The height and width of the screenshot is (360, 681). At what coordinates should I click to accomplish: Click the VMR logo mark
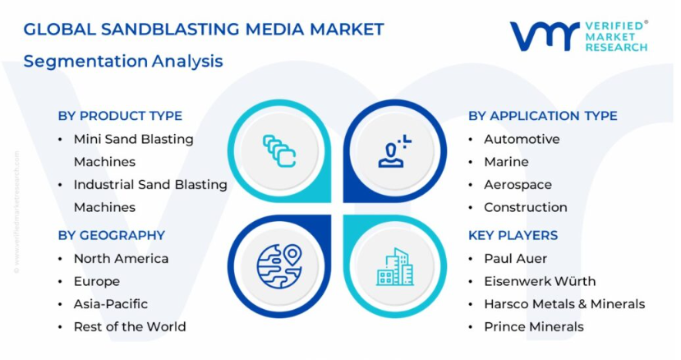545,36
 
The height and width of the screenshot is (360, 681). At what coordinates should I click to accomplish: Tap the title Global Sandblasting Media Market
204,29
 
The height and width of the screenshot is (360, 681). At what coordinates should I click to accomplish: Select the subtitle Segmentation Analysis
123,62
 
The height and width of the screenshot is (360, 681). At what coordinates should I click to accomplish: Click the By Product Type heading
120,116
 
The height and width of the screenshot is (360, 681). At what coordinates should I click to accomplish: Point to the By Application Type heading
543,116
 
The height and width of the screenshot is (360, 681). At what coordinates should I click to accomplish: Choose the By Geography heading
112,235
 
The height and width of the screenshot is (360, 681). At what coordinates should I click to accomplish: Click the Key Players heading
513,235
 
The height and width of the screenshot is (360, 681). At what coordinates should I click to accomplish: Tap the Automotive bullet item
522,139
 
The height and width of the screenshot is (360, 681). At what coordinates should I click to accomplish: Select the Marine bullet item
506,162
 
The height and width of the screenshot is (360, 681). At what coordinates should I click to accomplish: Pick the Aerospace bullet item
518,185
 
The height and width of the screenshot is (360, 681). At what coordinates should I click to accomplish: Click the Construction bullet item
526,207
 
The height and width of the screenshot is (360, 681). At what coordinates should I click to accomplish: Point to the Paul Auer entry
516,259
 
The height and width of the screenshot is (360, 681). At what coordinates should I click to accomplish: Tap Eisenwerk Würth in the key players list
540,281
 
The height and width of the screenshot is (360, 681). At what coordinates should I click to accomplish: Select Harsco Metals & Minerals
564,304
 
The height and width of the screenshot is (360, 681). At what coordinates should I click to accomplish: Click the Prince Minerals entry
534,326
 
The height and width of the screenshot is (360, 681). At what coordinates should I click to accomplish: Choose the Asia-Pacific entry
111,304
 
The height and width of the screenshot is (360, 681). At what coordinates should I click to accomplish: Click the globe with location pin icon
279,266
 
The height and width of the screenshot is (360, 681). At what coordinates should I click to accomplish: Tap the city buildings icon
395,266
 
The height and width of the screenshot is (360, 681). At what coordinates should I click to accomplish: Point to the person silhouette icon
394,151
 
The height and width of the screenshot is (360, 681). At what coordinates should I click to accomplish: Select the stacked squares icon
279,151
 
